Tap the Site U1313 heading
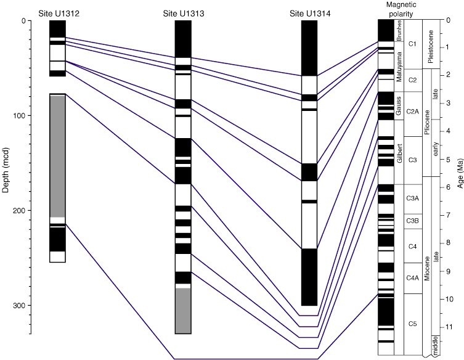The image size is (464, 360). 183,13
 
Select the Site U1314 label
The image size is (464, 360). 309,13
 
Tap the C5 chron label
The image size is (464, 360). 413,324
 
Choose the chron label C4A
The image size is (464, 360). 413,278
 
